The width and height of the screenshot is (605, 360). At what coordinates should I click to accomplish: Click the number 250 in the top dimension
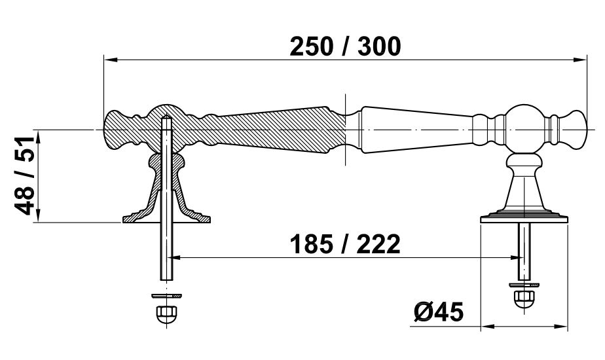click(x=311, y=46)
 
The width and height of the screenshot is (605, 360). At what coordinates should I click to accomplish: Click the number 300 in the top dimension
click(x=379, y=46)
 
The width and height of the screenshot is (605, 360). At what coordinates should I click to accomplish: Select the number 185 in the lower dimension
click(x=311, y=244)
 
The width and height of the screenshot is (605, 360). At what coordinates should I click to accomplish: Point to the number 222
click(x=378, y=244)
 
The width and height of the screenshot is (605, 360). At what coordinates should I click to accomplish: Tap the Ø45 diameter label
click(x=439, y=312)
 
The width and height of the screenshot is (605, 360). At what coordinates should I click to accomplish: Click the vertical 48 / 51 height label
click(x=25, y=175)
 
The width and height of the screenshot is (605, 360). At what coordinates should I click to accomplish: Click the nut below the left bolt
click(x=166, y=313)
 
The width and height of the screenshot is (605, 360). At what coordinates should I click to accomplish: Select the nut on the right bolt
click(x=524, y=298)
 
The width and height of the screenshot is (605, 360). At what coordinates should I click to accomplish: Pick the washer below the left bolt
click(x=166, y=296)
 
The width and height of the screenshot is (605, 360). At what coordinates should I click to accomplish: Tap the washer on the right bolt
click(x=524, y=285)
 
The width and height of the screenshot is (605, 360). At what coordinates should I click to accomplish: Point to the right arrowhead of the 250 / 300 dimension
click(x=580, y=60)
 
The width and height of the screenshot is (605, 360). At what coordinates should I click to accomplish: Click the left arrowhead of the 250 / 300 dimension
click(x=111, y=60)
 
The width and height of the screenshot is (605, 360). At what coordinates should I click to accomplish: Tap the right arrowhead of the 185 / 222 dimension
click(x=516, y=257)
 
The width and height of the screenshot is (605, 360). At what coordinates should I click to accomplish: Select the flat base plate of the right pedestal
click(x=524, y=219)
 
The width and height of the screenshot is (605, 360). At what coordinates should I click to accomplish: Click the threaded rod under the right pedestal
click(x=524, y=251)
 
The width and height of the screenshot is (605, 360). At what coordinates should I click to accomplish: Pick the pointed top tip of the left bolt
click(x=166, y=116)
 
